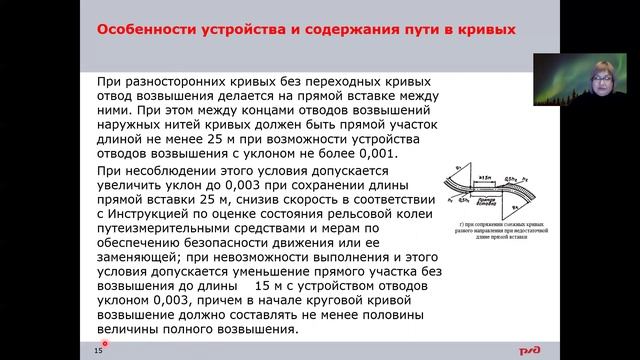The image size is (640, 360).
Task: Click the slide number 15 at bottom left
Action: (99, 350)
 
